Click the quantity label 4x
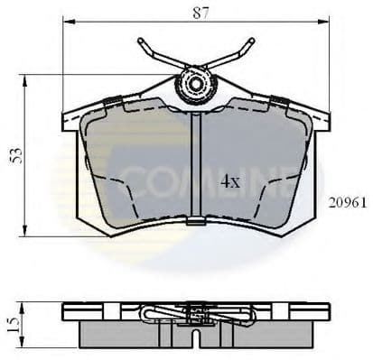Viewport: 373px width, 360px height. pos(230,180)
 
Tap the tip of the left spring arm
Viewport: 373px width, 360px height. pos(142,42)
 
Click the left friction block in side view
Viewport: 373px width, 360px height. pos(126,331)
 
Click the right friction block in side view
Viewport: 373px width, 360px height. pos(266,331)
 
